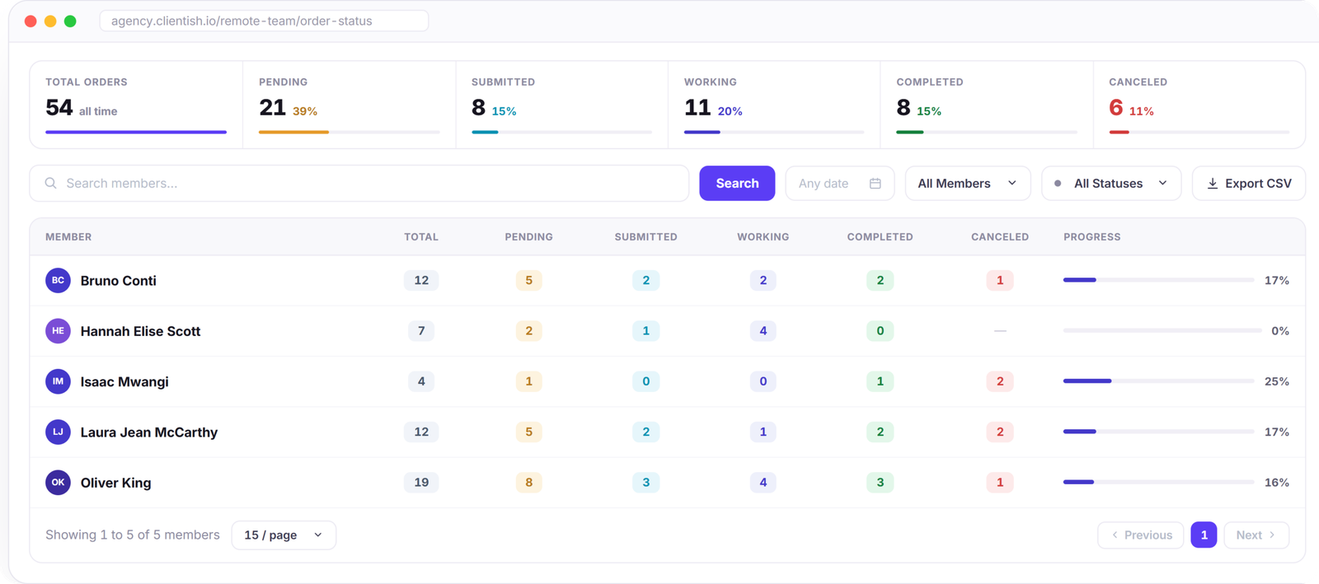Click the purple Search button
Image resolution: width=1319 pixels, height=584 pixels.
[x=737, y=184]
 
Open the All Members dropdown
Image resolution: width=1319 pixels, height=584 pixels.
[x=968, y=184]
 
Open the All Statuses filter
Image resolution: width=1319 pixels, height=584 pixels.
[x=1111, y=184]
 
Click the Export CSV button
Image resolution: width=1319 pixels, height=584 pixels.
[x=1249, y=184]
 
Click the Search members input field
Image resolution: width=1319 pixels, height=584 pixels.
[x=359, y=184]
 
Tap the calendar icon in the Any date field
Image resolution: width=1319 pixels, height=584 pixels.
[x=875, y=184]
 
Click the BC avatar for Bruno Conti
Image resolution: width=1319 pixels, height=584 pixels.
[x=58, y=281]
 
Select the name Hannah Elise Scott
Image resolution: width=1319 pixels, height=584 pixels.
[x=140, y=331]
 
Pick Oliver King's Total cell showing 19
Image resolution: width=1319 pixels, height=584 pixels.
[x=421, y=482]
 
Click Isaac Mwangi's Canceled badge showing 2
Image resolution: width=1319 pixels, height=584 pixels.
[x=1000, y=381]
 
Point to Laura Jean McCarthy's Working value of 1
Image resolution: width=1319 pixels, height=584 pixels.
[x=763, y=432]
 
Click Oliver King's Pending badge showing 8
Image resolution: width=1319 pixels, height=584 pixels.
[x=528, y=482]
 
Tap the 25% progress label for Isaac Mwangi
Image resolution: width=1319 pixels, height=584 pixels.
[x=1277, y=381]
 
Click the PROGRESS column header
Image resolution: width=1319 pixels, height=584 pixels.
[x=1091, y=237]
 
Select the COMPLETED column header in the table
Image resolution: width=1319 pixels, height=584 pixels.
[x=880, y=237]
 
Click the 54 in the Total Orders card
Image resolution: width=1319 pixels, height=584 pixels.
[x=59, y=108]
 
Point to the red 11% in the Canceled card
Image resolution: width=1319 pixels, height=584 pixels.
[x=1141, y=111]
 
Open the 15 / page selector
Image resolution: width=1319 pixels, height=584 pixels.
[x=284, y=535]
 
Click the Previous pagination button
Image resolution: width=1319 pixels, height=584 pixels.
[x=1141, y=535]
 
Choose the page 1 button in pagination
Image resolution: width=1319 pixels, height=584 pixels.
[x=1204, y=535]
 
